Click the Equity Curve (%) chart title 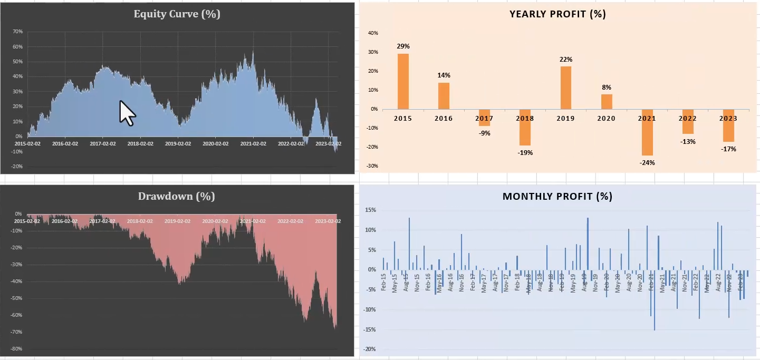point(177,14)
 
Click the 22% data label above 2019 point(566,60)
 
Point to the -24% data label point(647,162)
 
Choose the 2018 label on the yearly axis point(525,119)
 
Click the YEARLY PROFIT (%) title point(557,14)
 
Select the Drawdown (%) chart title point(177,197)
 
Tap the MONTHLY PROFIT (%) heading point(557,197)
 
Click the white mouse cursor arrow point(127,113)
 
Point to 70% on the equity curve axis point(17,32)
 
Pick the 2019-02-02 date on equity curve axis point(178,143)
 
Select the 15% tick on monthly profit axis point(370,210)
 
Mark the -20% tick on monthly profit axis point(369,349)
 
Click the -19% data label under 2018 point(525,153)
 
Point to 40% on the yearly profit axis point(372,33)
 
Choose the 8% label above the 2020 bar point(607,87)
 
